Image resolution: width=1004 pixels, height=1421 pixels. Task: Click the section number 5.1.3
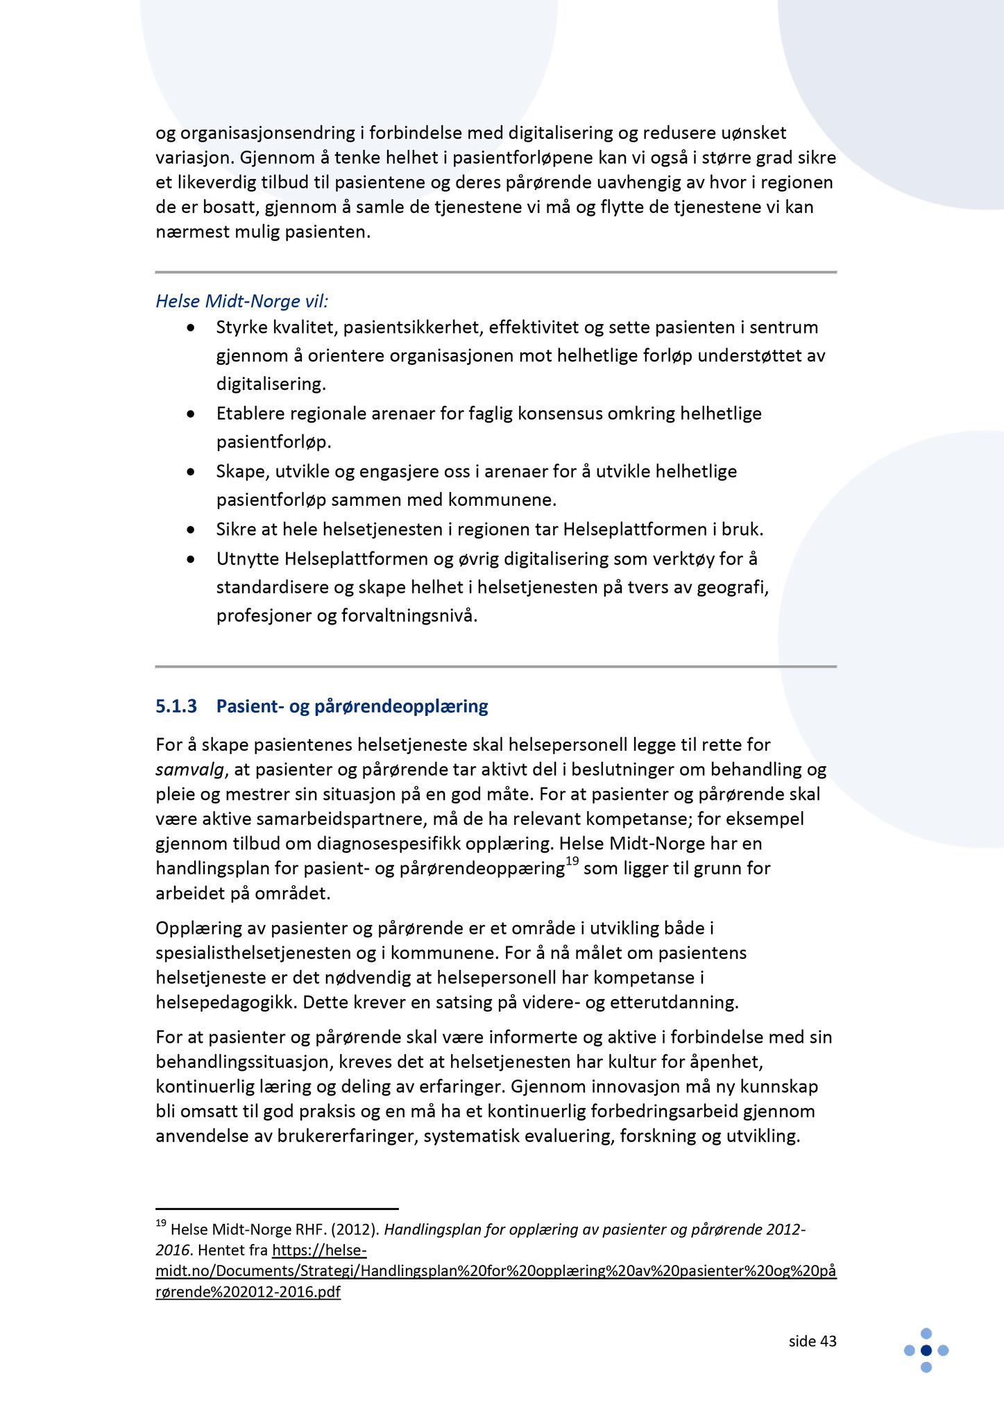click(176, 706)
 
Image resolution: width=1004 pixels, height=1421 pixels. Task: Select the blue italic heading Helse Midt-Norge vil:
click(241, 301)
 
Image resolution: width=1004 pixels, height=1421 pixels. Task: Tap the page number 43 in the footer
click(828, 1341)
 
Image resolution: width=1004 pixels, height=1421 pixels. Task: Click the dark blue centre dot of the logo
click(926, 1350)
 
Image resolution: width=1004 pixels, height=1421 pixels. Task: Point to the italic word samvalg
click(189, 769)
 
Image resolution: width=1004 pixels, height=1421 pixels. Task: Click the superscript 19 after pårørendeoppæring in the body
click(572, 861)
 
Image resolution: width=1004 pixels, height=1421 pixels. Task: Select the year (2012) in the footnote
click(355, 1229)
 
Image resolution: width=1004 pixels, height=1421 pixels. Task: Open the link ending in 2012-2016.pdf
click(496, 1271)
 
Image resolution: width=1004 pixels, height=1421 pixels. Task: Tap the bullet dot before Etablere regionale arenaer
click(191, 414)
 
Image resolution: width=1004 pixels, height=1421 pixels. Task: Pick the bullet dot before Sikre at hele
click(191, 530)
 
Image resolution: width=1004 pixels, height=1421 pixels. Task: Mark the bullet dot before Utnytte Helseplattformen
click(191, 559)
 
